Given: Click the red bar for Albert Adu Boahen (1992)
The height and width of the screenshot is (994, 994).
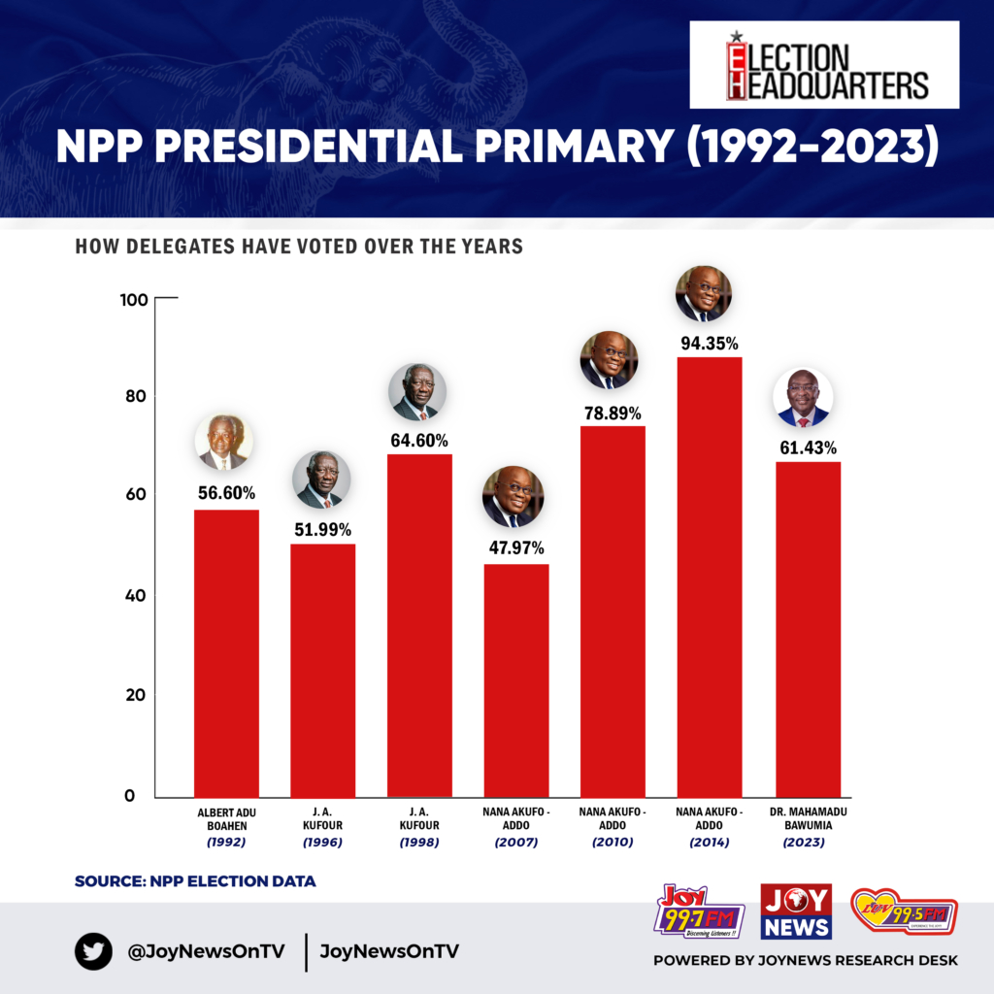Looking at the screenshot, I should point(226,652).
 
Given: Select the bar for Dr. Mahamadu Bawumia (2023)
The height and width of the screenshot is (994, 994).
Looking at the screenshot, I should point(808,628).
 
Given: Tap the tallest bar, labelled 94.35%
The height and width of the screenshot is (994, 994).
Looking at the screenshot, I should point(710,577).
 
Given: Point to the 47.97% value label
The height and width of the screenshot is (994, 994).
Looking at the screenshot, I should point(515,547).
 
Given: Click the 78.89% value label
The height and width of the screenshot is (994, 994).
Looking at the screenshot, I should point(612,414).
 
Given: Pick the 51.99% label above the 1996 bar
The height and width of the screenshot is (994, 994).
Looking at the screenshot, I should point(322,529).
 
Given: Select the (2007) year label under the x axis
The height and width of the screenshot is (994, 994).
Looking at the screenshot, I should point(515,842).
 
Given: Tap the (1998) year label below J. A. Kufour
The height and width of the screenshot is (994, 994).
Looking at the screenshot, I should point(418,842).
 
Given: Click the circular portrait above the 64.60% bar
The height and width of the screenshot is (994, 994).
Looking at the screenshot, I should point(417,392).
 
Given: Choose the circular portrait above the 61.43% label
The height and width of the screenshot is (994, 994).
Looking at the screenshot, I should point(804,398).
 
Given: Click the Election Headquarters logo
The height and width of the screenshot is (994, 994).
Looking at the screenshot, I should point(824,66).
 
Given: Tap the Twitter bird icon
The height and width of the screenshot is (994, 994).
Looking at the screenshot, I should point(94,951).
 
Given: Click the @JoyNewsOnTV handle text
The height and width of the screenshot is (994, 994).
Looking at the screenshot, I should point(206,951).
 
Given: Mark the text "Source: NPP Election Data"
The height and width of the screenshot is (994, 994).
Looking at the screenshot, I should point(195,881).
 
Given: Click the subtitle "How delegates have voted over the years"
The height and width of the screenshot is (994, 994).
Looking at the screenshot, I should point(299,247).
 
